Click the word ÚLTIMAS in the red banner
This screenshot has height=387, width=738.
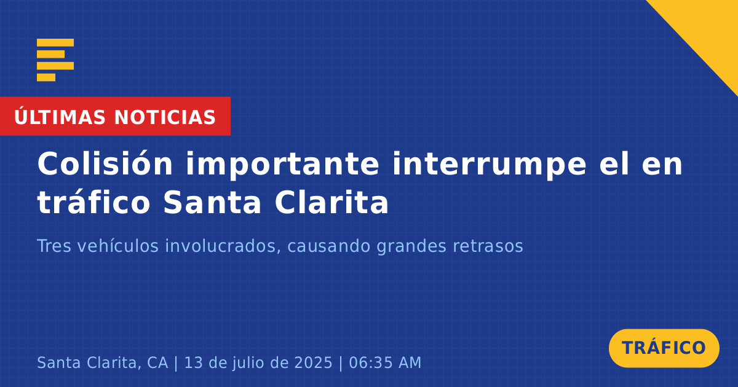pyautogui.click(x=60, y=116)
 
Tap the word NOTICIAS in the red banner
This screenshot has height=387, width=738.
pyautogui.click(x=165, y=117)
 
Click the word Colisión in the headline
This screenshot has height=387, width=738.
pyautogui.click(x=105, y=163)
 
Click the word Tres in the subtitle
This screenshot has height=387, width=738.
pyautogui.click(x=54, y=246)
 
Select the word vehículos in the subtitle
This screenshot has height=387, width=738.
pyautogui.click(x=118, y=246)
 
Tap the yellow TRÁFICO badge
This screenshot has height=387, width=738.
pyautogui.click(x=664, y=348)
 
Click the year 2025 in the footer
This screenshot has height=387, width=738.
pyautogui.click(x=313, y=362)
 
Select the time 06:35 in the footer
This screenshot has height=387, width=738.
pyautogui.click(x=371, y=362)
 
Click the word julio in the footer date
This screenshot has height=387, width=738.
pyautogui.click(x=252, y=362)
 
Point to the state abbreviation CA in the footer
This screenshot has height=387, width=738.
pyautogui.click(x=157, y=362)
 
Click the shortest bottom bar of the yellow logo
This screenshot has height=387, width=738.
pyautogui.click(x=46, y=77)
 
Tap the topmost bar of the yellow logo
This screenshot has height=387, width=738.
pyautogui.click(x=55, y=42)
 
